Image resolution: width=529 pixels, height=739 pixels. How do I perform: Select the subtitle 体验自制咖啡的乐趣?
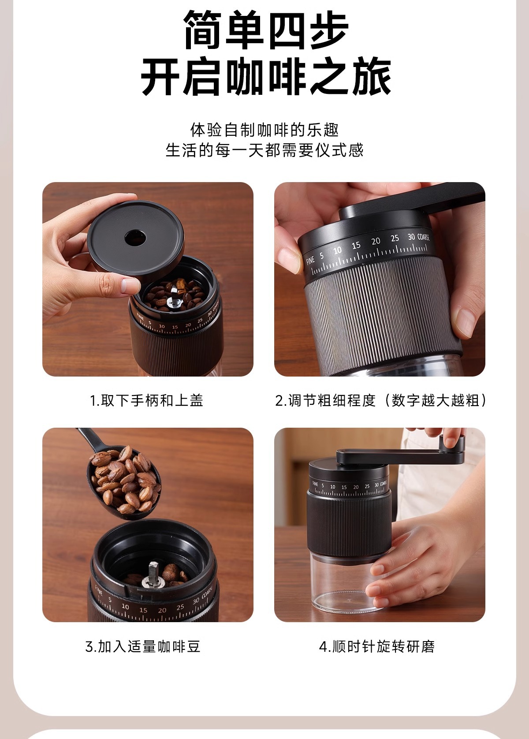pos(264,130)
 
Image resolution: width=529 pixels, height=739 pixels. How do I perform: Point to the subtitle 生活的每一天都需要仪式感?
pos(264,150)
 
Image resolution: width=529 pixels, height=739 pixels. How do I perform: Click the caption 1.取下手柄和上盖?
pos(147,400)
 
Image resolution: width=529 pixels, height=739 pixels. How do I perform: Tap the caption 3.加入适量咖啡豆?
pos(143,647)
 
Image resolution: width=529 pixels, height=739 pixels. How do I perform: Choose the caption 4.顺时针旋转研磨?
pos(377,647)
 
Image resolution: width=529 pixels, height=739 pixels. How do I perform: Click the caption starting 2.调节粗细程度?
pos(381,400)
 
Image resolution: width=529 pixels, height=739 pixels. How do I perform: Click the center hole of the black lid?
pos(135,238)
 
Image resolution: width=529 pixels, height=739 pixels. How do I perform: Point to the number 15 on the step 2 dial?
pos(356,246)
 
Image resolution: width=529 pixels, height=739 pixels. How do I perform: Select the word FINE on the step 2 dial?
pos(310,260)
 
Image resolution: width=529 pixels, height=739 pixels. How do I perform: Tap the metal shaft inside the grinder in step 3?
pos(153,574)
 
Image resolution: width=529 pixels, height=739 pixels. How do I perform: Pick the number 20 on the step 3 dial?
pos(162,610)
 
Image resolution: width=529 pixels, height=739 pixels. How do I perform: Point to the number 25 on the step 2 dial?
pos(395,239)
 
